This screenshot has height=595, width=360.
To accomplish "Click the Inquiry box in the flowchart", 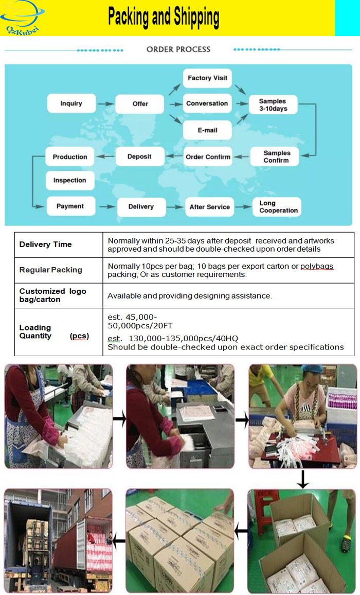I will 71,103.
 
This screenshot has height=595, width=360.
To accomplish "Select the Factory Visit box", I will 207,78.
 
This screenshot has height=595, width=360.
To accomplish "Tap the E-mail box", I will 207,130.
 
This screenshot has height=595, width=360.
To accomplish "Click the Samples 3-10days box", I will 273,105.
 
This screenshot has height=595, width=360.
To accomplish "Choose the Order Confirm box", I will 208,157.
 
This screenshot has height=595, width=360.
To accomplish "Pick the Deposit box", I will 139,156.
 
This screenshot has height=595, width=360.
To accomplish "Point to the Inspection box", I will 70,181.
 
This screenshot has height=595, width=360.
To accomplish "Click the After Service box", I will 209,207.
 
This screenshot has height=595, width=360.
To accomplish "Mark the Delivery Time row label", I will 45,244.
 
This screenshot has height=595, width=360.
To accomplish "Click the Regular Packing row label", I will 50,270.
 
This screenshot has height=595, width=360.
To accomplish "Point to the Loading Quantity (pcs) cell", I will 53,332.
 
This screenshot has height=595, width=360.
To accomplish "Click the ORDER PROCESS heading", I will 178,49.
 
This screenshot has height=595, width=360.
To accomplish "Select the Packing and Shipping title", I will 164,17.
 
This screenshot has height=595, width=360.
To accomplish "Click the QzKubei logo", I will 23,18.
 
